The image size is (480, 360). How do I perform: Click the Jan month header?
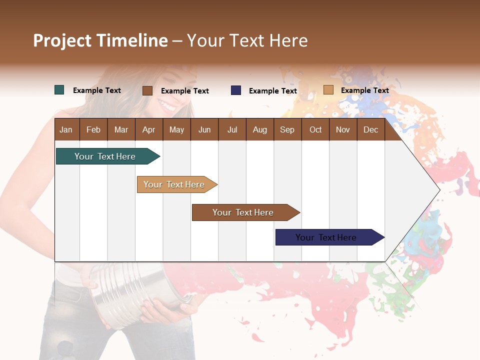point(66,129)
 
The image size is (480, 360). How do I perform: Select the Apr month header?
point(148,129)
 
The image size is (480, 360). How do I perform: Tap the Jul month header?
point(232,129)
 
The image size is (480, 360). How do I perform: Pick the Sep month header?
point(287,129)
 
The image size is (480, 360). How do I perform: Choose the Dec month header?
point(370,129)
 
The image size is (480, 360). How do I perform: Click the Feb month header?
point(93,129)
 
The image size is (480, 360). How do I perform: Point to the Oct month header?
point(315,129)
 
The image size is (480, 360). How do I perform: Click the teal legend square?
point(59,90)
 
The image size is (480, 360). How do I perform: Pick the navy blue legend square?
point(236,90)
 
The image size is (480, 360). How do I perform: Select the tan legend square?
point(328,90)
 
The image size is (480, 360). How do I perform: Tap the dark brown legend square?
point(147,90)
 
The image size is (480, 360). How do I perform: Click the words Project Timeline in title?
point(100,40)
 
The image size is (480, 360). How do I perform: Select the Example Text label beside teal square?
point(97,90)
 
